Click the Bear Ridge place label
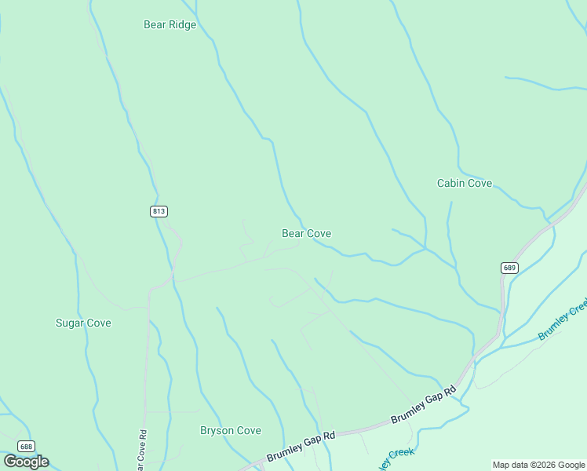[x=170, y=24]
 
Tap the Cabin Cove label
[x=465, y=183]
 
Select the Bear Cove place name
[x=306, y=233]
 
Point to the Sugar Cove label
[x=83, y=323]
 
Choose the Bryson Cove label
[x=230, y=430]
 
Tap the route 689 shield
[x=509, y=268]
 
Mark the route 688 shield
[x=26, y=446]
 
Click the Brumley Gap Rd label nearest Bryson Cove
[x=301, y=445]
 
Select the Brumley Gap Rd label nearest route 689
[x=425, y=403]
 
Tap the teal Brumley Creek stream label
[x=562, y=320]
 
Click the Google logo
[x=26, y=461]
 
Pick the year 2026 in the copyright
[x=545, y=465]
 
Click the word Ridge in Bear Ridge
[x=181, y=24]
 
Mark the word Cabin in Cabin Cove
[x=451, y=183]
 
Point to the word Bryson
[x=217, y=430]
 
